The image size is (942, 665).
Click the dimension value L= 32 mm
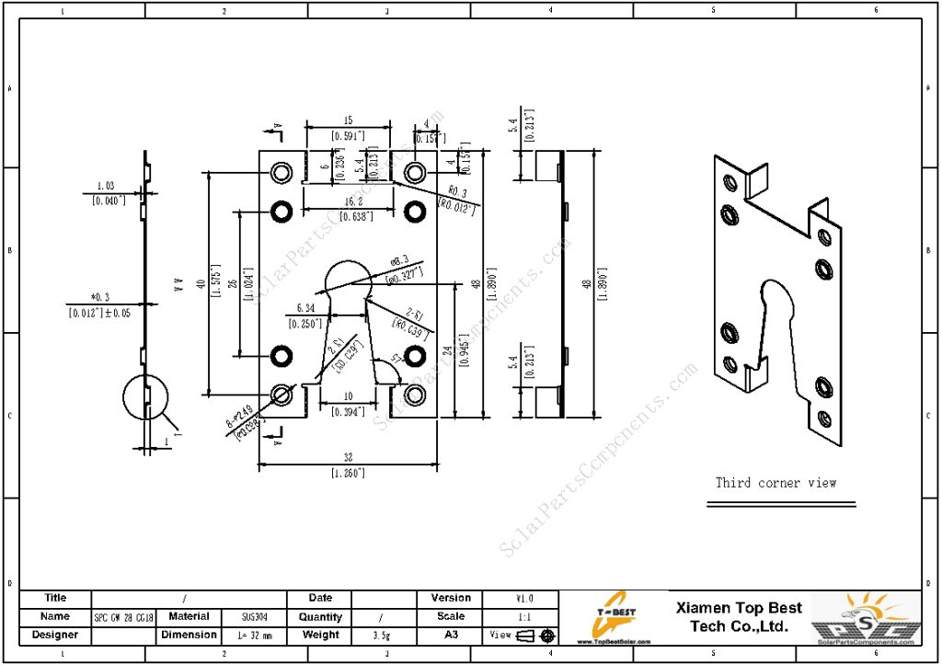254,636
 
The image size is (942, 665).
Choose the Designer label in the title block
55,635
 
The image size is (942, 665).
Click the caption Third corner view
776,482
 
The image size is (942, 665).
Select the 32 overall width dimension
349,456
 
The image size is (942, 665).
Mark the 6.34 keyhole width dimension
304,308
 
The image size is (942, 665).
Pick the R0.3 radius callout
457,193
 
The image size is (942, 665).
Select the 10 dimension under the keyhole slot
348,396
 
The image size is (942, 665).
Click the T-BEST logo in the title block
612,618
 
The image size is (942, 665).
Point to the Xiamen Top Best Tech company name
739,617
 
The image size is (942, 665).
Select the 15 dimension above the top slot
348,120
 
